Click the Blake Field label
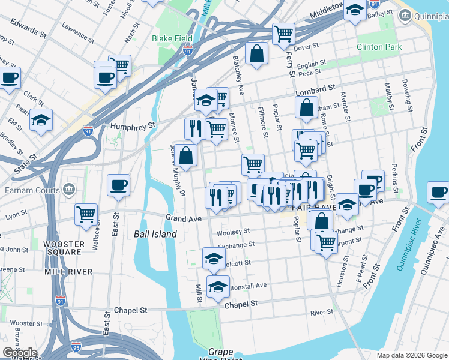click(x=172, y=38)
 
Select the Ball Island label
click(x=155, y=234)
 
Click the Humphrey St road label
click(x=133, y=126)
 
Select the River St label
click(x=322, y=312)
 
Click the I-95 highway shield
click(x=76, y=347)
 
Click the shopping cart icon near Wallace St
click(x=86, y=213)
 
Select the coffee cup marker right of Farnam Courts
click(x=118, y=184)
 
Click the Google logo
click(x=20, y=353)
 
